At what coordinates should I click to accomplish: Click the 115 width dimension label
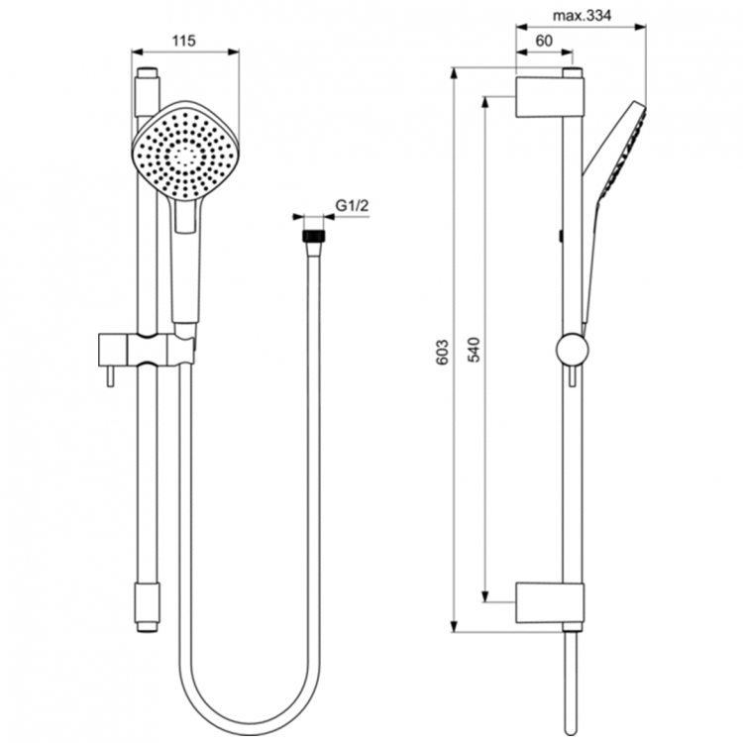point(182,41)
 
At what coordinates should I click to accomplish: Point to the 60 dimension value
point(542,41)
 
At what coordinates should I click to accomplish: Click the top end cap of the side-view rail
point(571,72)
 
